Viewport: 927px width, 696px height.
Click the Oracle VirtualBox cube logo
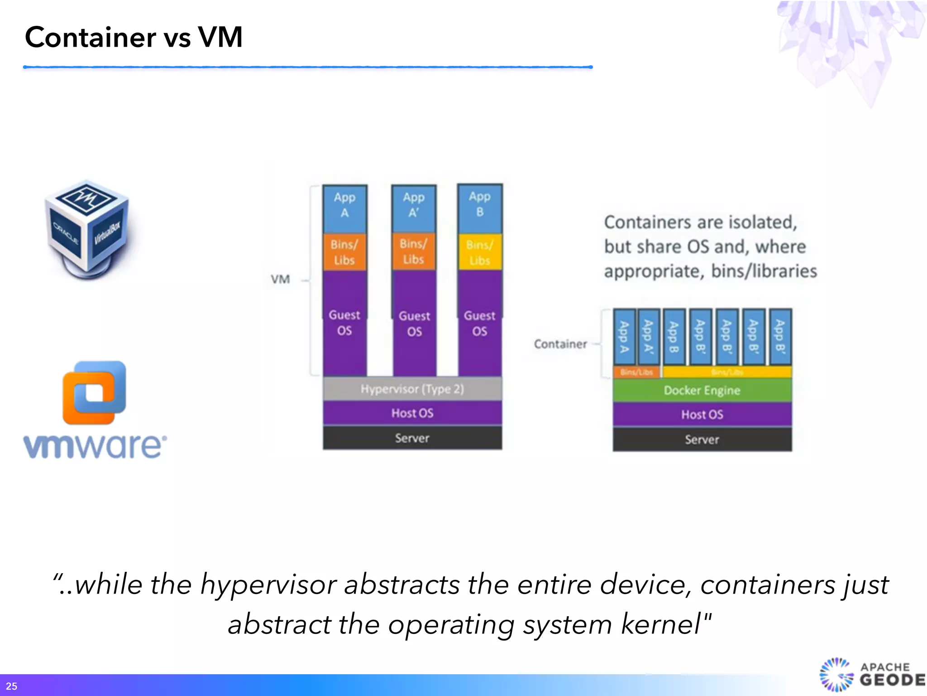87,229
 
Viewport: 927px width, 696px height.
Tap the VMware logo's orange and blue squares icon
94,392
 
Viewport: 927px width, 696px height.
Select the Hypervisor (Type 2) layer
412,389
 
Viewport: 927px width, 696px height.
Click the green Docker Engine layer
702,390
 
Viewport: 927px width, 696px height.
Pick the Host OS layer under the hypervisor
412,413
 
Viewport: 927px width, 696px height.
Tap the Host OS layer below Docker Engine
702,414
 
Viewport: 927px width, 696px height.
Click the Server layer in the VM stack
412,438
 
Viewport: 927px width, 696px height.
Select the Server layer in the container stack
702,439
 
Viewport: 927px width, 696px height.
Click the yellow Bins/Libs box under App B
480,252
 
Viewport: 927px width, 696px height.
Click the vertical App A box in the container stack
624,337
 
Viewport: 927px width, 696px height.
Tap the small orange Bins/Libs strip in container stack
636,372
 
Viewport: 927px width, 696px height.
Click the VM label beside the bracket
280,279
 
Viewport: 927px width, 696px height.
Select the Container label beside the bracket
560,344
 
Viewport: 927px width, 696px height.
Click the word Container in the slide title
91,37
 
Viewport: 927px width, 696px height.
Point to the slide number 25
11,686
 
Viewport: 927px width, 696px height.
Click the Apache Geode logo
871,675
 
